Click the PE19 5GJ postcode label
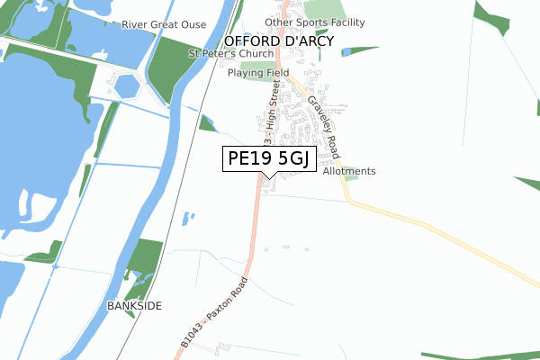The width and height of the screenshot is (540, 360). point(268,158)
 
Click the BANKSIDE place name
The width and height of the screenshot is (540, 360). point(134,306)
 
